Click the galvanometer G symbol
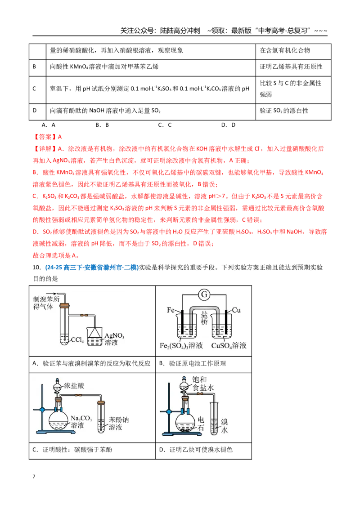pos(204,295)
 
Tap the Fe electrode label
pos(171,310)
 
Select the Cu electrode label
pos(237,310)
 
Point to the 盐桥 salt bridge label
pos(204,318)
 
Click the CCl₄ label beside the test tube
pos(77,340)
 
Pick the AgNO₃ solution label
pos(114,339)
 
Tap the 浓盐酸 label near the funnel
pos(74,386)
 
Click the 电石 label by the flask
pos(201,424)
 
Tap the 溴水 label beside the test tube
pos(224,426)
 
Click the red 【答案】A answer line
pos(47,137)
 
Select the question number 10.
pos(36,268)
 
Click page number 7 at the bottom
pos(34,477)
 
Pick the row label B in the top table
pos(34,67)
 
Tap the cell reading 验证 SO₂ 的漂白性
pos(283,111)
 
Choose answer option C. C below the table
pos(165,125)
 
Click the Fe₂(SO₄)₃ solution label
pos(181,346)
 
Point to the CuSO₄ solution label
pos(229,346)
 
